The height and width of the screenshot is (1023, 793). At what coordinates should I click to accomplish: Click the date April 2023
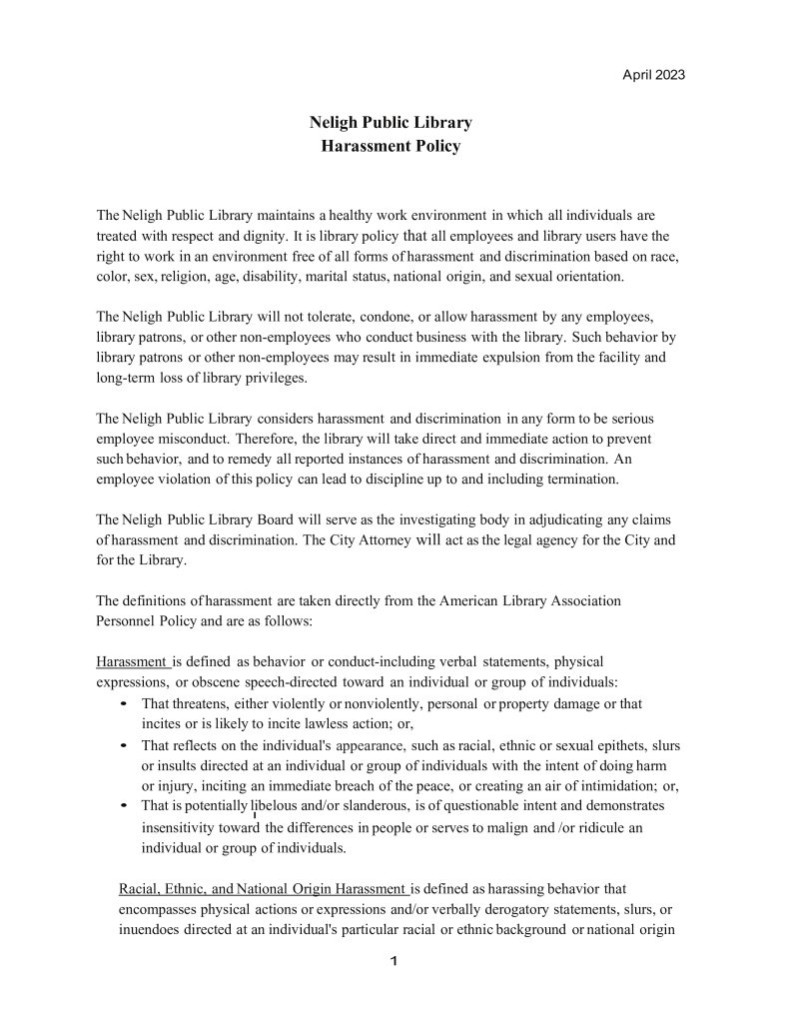[x=653, y=75]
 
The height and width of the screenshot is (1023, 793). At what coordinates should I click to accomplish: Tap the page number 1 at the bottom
[x=394, y=962]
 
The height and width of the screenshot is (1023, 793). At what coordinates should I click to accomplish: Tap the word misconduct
[x=194, y=440]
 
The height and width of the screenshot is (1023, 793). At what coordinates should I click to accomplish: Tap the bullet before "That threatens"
[x=122, y=704]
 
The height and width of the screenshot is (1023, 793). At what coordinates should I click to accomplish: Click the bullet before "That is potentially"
[x=122, y=805]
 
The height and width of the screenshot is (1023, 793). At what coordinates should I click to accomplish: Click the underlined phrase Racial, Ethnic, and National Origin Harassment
[x=263, y=887]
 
